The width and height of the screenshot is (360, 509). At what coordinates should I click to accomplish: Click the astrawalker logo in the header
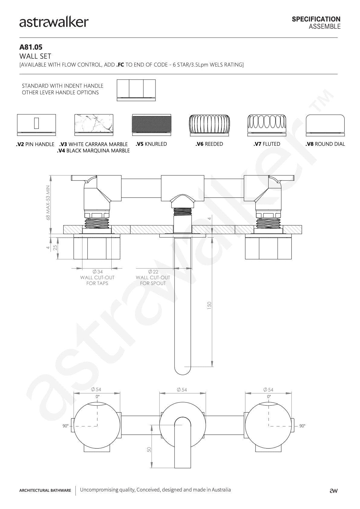54,22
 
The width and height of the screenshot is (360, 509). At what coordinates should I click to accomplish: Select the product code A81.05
31,47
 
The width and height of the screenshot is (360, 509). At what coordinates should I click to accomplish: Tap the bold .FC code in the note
120,65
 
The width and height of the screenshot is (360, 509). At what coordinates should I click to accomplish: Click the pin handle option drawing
36,125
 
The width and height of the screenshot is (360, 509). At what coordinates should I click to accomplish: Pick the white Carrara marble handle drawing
94,125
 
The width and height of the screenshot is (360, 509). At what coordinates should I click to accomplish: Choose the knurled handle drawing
152,125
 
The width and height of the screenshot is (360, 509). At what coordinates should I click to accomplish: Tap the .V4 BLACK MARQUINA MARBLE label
93,151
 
